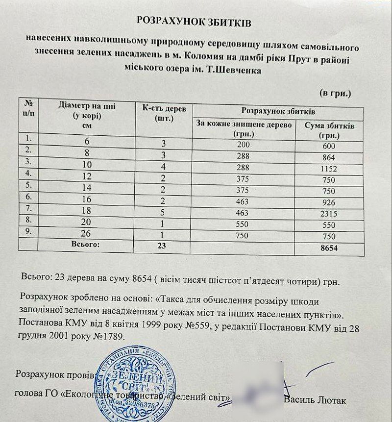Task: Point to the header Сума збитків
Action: click(x=329, y=129)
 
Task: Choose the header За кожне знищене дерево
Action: click(x=244, y=129)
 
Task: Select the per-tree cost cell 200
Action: click(x=243, y=145)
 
